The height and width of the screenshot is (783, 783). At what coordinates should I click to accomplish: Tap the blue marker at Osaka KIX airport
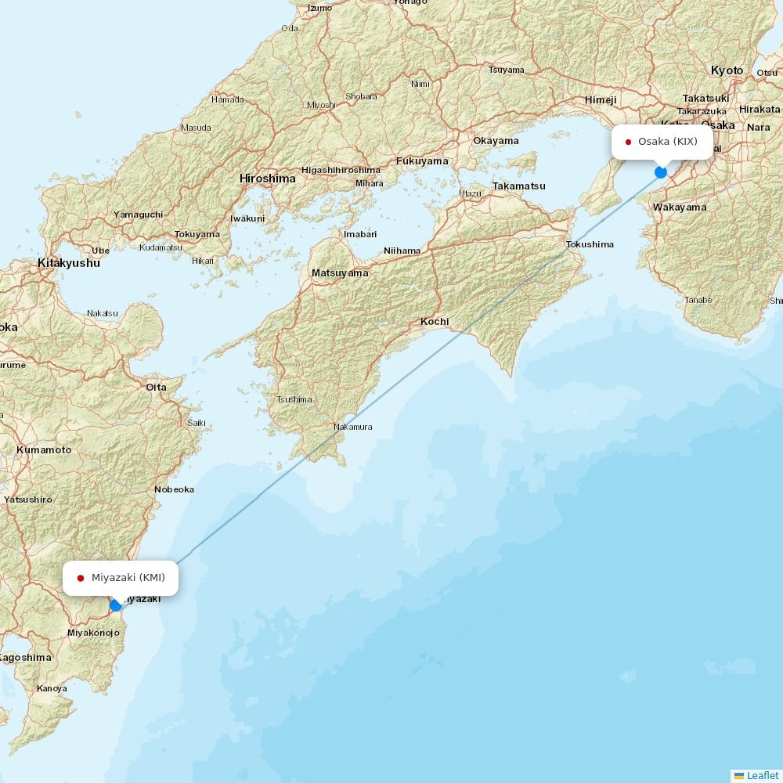pos(661,171)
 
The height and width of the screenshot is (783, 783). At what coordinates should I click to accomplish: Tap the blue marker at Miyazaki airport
pos(116,604)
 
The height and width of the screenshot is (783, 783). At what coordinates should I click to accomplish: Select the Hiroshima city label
pos(268,179)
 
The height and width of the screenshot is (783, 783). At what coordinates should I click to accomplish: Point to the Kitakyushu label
pos(69,263)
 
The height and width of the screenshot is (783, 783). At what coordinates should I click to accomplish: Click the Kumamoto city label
pos(44,450)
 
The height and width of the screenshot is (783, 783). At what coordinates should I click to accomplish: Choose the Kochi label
pos(435,322)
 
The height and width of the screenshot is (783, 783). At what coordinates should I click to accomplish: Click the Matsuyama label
pos(340,273)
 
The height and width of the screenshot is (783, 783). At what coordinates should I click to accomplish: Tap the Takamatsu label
pos(518,186)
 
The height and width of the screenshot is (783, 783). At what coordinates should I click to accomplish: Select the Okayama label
pos(496,141)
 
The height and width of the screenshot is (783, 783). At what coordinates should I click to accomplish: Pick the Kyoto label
pos(727,70)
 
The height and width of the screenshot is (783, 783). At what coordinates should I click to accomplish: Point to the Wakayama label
pos(680,207)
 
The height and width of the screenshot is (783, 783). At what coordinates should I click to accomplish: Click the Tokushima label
pos(590,244)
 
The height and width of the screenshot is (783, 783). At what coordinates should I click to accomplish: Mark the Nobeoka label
pos(174,489)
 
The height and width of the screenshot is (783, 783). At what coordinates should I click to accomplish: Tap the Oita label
pos(156,387)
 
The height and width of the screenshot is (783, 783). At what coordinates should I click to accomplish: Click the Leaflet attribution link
pos(762,775)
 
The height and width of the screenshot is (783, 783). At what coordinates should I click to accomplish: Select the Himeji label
pos(601,100)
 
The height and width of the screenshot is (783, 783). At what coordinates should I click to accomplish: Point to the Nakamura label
pos(352,427)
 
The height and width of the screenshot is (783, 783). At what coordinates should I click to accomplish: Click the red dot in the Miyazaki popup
pos(81,578)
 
